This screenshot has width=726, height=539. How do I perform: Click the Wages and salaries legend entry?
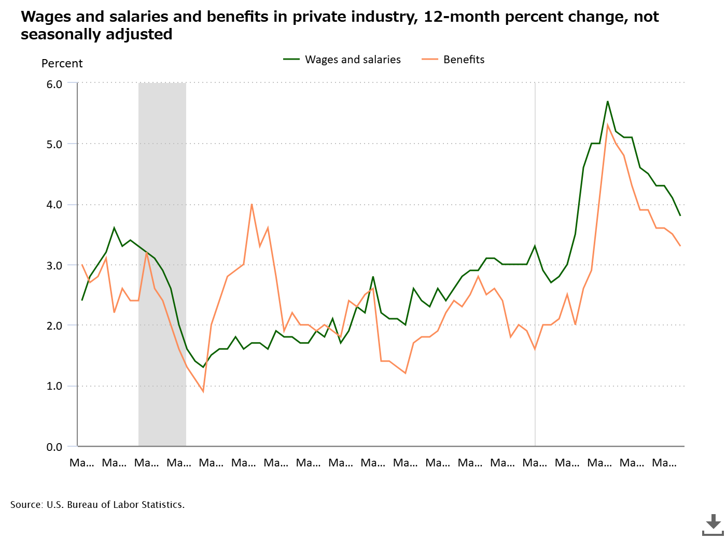coord(342,60)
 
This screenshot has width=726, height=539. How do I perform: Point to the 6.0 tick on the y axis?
coord(54,84)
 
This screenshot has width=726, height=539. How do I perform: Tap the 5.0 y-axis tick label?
coord(54,145)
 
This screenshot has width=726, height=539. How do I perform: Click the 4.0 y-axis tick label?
coord(54,205)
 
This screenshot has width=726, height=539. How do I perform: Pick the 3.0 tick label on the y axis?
coord(54,265)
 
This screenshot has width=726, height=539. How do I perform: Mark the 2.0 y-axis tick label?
coord(54,326)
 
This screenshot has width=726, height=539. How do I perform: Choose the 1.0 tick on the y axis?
coord(54,386)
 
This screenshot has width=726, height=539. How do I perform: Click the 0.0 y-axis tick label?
coord(54,447)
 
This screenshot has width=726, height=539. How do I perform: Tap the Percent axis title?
coord(62,63)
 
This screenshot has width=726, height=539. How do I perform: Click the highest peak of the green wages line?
coord(607,101)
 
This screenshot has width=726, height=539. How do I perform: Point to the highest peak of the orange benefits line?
coord(607,125)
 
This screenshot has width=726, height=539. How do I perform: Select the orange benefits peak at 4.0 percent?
coord(252,204)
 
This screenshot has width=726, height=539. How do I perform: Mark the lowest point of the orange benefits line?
coord(203,392)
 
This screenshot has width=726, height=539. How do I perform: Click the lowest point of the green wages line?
coord(203,367)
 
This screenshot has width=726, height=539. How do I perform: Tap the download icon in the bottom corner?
coord(713,524)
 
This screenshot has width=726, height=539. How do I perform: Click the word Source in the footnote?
coord(26,505)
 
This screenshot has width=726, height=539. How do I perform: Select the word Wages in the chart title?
coord(46,17)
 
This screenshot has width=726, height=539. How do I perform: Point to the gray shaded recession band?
coord(162,264)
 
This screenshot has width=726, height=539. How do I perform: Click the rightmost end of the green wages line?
coord(680,215)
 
